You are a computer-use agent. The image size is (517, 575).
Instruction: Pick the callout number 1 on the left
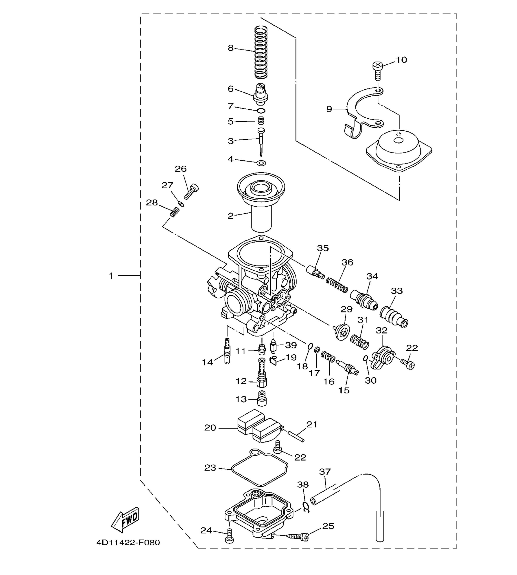[111, 276]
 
